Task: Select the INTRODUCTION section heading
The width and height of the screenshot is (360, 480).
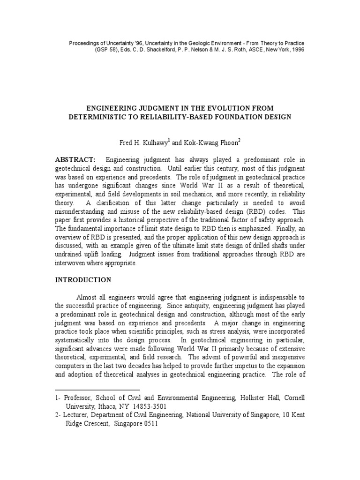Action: pos(83,280)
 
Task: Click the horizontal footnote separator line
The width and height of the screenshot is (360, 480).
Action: pos(97,390)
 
